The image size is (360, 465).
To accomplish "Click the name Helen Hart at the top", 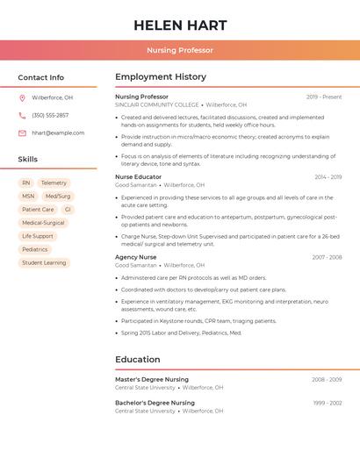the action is click(180, 25).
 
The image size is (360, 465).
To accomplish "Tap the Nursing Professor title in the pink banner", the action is click(180, 50).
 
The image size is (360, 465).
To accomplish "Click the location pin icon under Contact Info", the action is click(22, 97).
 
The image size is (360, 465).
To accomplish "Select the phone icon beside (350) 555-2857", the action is click(22, 115).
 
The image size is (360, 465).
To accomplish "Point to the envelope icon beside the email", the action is click(22, 132).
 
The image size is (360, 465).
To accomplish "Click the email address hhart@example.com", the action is click(58, 132).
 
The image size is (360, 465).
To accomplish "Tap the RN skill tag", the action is click(26, 183).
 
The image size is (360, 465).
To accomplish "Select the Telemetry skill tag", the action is click(54, 183).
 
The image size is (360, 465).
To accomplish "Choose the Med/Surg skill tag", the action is click(58, 197).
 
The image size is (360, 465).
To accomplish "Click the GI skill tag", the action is click(68, 210).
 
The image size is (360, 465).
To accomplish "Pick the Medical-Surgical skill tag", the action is click(43, 223).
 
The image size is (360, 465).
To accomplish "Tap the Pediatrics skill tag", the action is click(35, 249).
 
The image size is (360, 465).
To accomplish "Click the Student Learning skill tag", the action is click(44, 262).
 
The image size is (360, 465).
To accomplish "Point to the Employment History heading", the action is click(161, 77).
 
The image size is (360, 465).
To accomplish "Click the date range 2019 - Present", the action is click(324, 97).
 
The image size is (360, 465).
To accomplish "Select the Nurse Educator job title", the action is click(138, 177).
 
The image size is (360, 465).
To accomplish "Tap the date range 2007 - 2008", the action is click(327, 257).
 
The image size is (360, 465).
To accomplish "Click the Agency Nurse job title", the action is click(136, 257).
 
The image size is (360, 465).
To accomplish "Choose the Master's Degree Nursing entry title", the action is click(152, 379).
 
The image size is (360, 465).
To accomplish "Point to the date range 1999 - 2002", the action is click(327, 403).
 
